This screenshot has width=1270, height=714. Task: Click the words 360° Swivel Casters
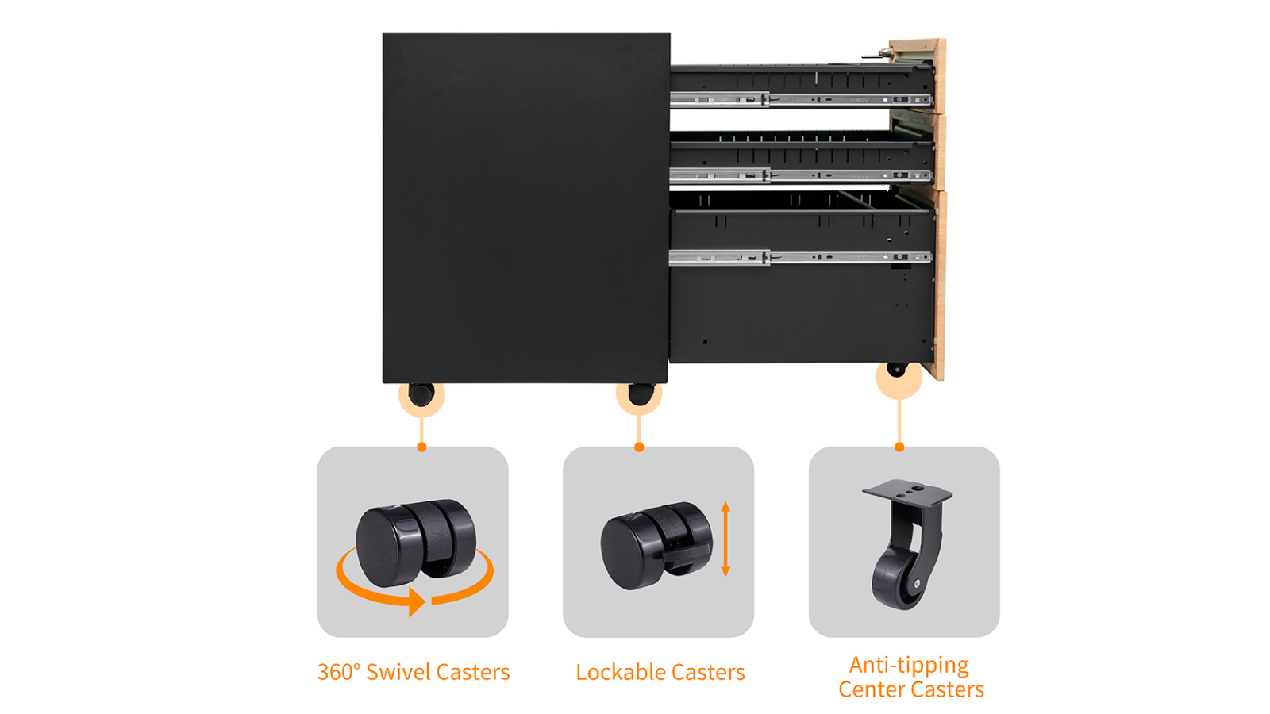[x=414, y=672]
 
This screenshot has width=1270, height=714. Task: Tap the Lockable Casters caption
[x=660, y=672]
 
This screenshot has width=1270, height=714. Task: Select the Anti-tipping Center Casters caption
[x=911, y=677]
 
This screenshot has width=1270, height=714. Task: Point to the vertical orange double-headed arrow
[x=725, y=539]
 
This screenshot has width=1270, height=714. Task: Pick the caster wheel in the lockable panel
[x=656, y=545]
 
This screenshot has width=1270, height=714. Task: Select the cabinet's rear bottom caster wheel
[x=421, y=393]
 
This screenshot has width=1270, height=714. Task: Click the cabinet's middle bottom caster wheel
[x=640, y=393]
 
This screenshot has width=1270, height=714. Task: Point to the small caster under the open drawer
[x=897, y=370]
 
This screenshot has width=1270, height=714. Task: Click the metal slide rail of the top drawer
[x=800, y=100]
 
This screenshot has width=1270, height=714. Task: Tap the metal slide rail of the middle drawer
[x=800, y=175]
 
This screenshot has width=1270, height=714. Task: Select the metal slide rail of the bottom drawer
[x=800, y=257]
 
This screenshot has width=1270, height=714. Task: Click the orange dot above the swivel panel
[x=421, y=447]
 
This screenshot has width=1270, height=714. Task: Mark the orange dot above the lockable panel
[x=639, y=447]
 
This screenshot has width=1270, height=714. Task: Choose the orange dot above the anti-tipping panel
[x=899, y=447]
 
